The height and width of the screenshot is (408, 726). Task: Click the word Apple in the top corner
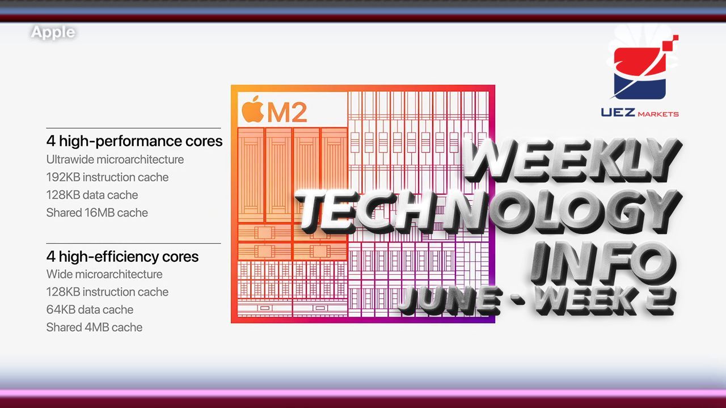pos(53,32)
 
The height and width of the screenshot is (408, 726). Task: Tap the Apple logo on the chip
pos(252,109)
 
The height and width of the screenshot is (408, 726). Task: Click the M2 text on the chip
pos(287,112)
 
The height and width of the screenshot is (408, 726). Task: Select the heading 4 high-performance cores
pos(134,141)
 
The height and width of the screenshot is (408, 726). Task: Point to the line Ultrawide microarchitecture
pos(115,159)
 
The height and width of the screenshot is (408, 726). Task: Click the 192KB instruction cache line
pos(107,177)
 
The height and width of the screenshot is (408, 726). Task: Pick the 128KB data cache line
pos(92,195)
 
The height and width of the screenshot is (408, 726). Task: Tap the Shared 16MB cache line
pos(97,212)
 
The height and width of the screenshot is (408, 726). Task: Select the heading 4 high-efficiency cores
pos(123,257)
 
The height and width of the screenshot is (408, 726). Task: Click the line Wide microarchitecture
pos(104,274)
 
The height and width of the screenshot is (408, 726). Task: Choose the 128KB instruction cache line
pos(107,292)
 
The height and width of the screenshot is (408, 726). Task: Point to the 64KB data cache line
pos(90,309)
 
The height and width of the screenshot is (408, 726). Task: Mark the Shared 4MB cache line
pos(94,328)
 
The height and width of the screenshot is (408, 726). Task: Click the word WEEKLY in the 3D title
pos(572,160)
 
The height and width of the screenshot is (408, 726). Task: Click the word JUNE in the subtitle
pos(450,301)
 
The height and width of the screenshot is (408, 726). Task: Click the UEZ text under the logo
pos(618,113)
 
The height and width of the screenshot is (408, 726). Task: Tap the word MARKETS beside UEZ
pos(658,114)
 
